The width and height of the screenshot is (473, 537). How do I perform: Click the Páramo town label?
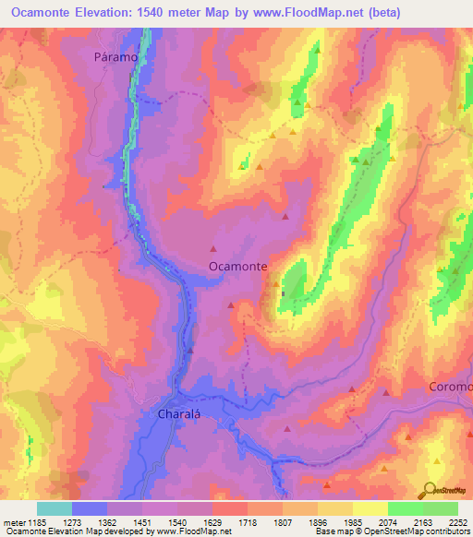pyautogui.click(x=115, y=56)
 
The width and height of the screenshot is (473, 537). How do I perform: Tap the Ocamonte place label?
pyautogui.click(x=238, y=266)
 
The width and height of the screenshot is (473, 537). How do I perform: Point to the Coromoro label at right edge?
pyautogui.click(x=452, y=387)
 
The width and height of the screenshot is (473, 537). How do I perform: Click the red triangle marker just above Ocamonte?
pyautogui.click(x=213, y=247)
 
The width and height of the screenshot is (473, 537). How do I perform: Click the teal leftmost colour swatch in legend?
pyautogui.click(x=55, y=508)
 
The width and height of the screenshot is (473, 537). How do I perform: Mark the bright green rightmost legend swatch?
pyautogui.click(x=441, y=508)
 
